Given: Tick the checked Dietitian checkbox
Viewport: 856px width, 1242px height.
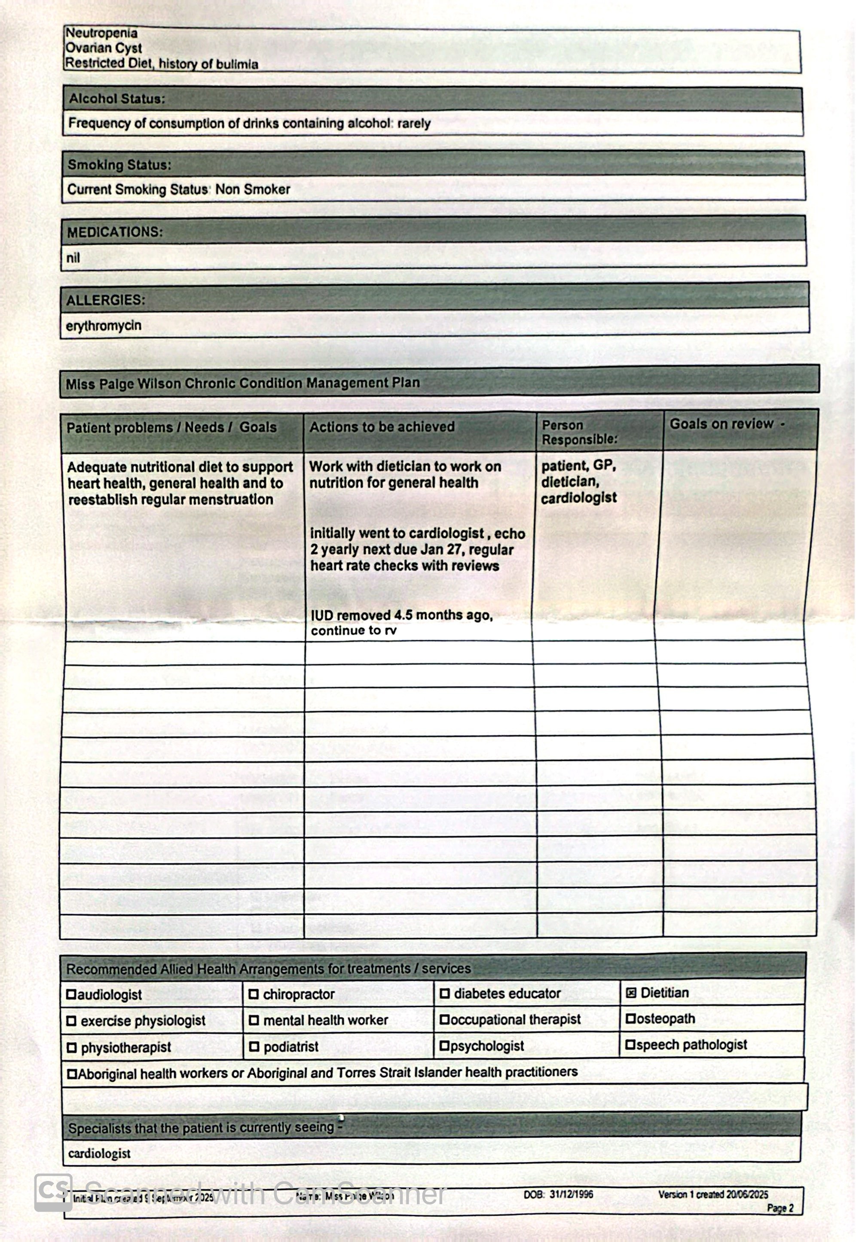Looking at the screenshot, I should pyautogui.click(x=631, y=993).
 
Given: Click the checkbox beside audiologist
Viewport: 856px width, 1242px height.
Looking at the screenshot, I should pyautogui.click(x=71, y=995).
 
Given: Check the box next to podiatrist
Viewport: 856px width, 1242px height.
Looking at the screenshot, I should pyautogui.click(x=254, y=1046).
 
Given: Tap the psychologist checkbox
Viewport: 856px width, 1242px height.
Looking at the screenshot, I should pyautogui.click(x=444, y=1045).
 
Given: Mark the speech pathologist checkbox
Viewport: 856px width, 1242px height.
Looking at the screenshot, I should pyautogui.click(x=630, y=1045).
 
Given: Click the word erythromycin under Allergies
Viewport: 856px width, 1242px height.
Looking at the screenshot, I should pyautogui.click(x=104, y=326).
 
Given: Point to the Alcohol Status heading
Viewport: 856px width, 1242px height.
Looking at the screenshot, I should pyautogui.click(x=117, y=99).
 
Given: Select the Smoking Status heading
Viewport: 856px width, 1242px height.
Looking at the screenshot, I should pyautogui.click(x=119, y=164).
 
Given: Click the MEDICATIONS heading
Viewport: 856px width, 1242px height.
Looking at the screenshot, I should pyautogui.click(x=114, y=232).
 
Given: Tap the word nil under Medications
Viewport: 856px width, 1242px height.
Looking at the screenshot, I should pyautogui.click(x=73, y=258).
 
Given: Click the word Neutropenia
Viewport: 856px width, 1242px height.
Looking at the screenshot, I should pyautogui.click(x=101, y=33).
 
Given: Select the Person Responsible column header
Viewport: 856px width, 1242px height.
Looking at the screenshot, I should pyautogui.click(x=579, y=432).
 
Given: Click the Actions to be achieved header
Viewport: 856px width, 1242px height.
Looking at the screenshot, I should pyautogui.click(x=381, y=427).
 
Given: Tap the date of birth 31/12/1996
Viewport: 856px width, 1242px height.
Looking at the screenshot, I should pyautogui.click(x=571, y=1194).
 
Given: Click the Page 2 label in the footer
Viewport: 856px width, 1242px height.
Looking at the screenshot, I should pyautogui.click(x=780, y=1208).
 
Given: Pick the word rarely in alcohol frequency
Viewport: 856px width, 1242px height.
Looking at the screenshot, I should pyautogui.click(x=414, y=123).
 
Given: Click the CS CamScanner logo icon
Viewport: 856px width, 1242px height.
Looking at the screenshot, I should pyautogui.click(x=53, y=1193).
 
